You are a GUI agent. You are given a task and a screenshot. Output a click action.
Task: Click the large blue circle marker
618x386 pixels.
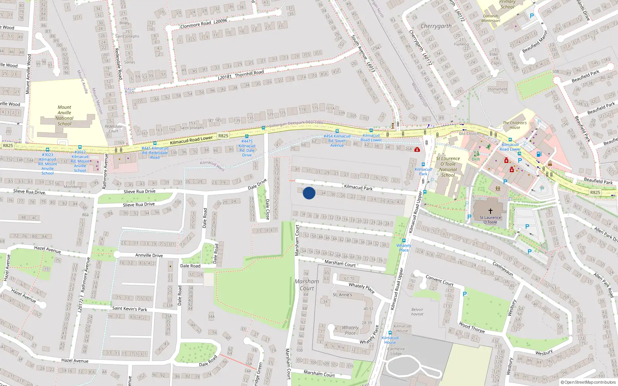point(309,193)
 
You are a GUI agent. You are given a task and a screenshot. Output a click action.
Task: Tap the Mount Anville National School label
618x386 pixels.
point(65,115)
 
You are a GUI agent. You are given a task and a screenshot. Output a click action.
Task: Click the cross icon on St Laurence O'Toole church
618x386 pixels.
point(491,211)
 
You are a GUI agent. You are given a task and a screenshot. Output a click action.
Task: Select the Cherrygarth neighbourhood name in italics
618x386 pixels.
point(436,26)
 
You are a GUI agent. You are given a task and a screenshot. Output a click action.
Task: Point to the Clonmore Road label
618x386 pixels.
point(195,24)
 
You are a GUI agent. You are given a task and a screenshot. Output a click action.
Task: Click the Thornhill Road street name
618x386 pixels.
point(249,73)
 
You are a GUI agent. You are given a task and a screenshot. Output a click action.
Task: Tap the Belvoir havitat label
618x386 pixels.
point(417,312)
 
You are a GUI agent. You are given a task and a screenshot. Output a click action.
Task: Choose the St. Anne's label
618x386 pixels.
point(342,295)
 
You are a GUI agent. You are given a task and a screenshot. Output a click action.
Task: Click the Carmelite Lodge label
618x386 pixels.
point(396,351)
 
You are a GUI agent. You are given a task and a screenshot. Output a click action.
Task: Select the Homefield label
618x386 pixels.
point(497,89)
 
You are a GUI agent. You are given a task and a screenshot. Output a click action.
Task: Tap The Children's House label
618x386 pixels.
point(514,125)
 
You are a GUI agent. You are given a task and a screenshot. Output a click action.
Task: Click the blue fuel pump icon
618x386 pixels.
point(539,154)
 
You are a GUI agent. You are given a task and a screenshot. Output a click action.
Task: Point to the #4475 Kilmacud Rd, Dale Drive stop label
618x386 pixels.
point(247,148)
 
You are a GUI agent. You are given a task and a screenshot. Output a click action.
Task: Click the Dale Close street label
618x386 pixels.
point(267,209)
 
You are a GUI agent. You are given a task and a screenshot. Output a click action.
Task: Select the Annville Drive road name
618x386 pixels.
point(149,255)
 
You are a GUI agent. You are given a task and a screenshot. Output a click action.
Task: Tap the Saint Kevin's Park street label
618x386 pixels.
point(129,308)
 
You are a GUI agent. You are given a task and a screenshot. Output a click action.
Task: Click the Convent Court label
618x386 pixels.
point(439,280)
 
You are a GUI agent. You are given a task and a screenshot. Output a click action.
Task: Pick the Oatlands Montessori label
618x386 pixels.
point(491,19)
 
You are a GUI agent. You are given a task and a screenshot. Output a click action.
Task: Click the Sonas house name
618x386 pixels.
point(129,62)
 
